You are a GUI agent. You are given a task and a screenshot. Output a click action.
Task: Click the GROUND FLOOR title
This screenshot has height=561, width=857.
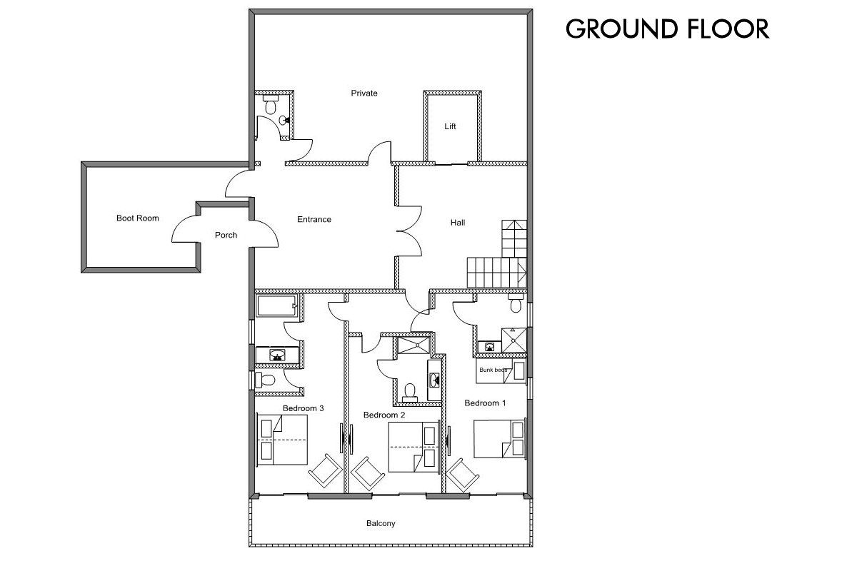click(667, 29)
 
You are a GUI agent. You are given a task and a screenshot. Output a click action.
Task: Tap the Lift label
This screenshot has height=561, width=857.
click(450, 126)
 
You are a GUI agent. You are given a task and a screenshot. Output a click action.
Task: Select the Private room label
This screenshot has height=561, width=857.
click(364, 93)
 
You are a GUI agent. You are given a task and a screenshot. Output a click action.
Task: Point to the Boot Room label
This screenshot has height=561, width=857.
click(138, 218)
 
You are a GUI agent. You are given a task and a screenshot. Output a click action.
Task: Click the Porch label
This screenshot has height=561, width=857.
click(226, 235)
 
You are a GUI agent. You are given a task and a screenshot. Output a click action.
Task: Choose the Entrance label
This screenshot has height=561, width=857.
click(314, 219)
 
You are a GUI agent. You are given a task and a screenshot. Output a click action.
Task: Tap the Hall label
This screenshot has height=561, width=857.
click(458, 223)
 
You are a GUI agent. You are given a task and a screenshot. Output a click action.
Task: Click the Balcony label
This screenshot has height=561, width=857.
click(381, 524)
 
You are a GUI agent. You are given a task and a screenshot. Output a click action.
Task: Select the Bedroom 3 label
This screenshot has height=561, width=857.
click(304, 408)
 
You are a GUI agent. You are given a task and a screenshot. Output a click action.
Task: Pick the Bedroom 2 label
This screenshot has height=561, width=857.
click(384, 415)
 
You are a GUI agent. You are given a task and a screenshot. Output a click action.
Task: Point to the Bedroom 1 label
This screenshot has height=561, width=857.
click(485, 403)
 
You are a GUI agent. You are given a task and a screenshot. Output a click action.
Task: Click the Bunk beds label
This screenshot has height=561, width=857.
click(493, 370)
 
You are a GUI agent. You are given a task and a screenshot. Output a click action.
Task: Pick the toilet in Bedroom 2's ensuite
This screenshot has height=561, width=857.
click(409, 390)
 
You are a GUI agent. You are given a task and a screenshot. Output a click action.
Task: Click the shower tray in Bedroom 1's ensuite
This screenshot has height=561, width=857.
click(515, 340)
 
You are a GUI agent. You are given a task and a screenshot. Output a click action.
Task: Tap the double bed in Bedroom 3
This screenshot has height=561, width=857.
click(281, 440)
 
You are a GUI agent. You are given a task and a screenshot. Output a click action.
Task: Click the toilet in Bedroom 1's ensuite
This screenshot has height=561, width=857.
click(516, 304)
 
